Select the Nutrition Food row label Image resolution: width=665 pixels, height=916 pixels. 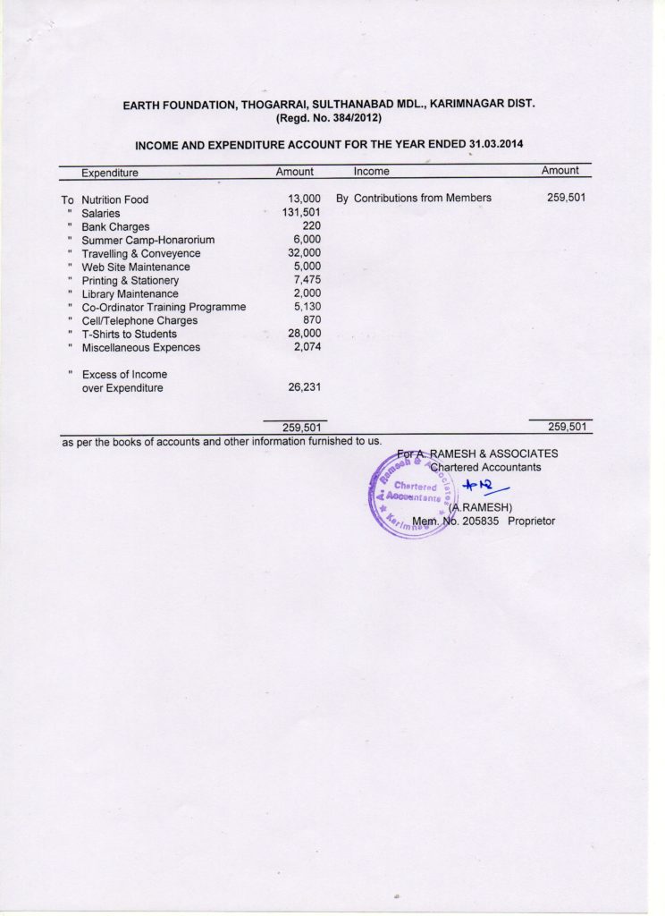tap(114, 199)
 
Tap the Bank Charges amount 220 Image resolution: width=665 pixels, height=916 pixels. tap(311, 226)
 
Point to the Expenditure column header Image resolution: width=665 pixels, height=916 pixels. tap(110, 173)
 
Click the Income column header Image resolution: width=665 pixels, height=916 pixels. tap(371, 171)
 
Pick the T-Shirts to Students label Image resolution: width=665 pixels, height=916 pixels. tap(129, 335)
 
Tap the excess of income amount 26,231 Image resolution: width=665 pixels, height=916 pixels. tap(304, 387)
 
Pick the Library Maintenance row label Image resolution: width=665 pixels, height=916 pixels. tap(130, 294)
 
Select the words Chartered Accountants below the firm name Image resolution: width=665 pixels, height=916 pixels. tap(485, 467)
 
